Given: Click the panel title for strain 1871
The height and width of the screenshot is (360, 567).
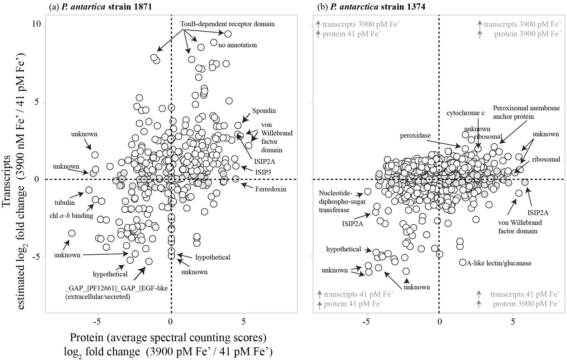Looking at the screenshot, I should tap(101, 6).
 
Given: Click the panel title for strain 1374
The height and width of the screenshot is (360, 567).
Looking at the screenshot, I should tap(371, 6).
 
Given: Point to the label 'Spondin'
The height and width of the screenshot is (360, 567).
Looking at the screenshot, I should tap(264, 111).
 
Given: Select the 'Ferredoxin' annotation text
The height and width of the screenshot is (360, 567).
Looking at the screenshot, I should tap(271, 189).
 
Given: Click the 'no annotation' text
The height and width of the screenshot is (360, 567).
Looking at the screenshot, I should tap(237, 45).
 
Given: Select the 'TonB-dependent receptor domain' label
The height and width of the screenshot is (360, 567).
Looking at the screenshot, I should tap(227, 24).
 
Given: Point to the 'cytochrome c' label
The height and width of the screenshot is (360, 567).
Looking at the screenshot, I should tap(465, 113).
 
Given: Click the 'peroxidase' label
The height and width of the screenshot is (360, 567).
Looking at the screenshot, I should tap(415, 136).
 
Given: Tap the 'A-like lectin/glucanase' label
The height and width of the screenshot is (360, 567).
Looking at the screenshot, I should tap(499, 263).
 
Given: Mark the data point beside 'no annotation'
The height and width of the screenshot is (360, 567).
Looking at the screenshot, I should tap(214, 43).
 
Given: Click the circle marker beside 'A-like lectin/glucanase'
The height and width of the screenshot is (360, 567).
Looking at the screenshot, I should tap(463, 262).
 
